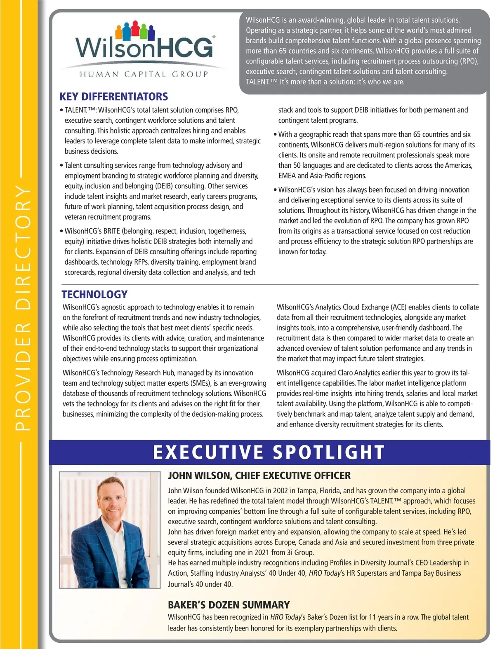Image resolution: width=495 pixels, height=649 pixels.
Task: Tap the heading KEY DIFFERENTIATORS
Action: point(114,97)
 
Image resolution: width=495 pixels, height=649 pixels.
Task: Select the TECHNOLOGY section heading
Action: point(94,295)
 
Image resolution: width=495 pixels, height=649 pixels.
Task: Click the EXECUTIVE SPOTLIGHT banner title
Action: point(269,452)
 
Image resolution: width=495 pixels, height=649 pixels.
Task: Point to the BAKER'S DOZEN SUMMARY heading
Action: point(229,605)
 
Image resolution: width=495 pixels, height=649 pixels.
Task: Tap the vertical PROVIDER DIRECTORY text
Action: point(23,307)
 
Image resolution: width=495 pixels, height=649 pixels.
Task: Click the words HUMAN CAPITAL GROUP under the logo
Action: point(144,75)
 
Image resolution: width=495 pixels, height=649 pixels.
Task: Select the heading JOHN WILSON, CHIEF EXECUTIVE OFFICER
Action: point(259,476)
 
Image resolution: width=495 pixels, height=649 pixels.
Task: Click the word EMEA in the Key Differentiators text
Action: point(287,176)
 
